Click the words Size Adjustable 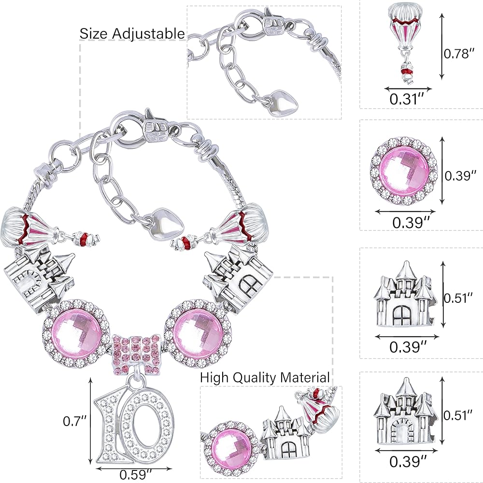[x=132, y=34]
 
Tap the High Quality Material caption [x=265, y=377]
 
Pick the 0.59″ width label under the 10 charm [x=136, y=475]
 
